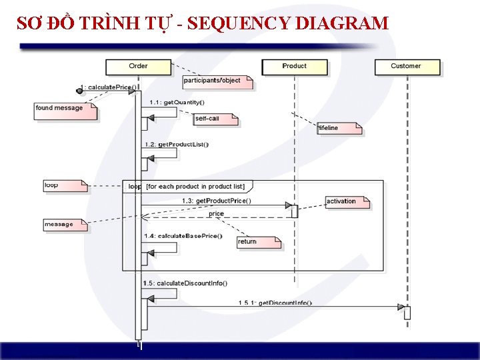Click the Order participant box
click(x=139, y=66)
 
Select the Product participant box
click(x=294, y=66)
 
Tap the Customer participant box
click(x=406, y=66)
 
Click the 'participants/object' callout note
click(x=218, y=81)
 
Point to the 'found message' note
click(x=64, y=109)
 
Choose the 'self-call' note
click(x=215, y=119)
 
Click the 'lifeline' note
click(x=338, y=128)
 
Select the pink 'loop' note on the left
click(x=64, y=185)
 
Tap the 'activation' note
click(x=346, y=201)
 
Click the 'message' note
click(x=64, y=225)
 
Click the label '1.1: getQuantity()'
click(x=177, y=102)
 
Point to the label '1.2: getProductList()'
click(x=177, y=145)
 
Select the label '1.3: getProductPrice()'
click(x=217, y=201)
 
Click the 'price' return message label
click(x=217, y=214)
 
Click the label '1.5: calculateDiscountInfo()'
click(x=185, y=283)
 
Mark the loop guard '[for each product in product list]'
click(x=195, y=186)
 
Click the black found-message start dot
click(x=79, y=90)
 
